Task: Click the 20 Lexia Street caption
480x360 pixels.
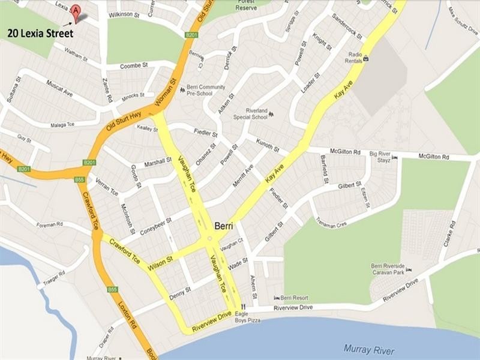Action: [40, 34]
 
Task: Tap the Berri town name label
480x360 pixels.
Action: [224, 226]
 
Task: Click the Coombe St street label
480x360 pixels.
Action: [134, 65]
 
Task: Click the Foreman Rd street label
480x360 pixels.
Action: [50, 224]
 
